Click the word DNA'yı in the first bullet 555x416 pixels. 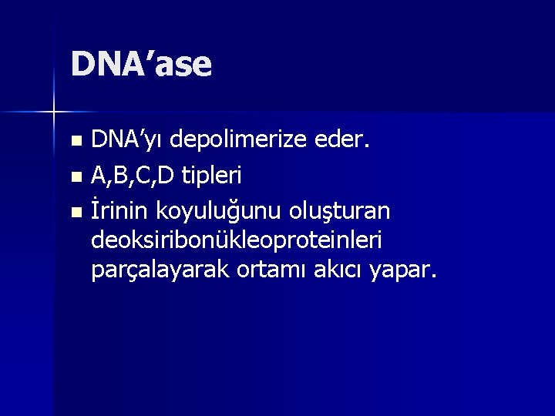tap(128, 141)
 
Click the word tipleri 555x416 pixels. tap(210, 176)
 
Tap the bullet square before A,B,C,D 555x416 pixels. tap(75, 177)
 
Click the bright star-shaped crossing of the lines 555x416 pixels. tap(54, 112)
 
